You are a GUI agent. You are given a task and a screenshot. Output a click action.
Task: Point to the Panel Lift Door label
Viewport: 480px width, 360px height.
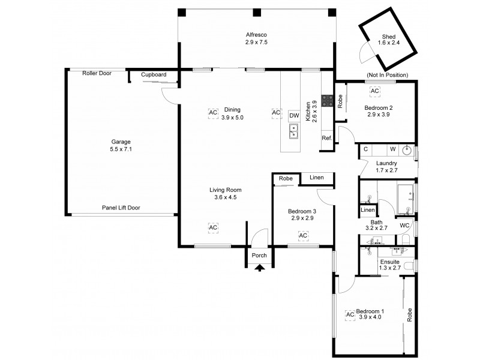click(x=121, y=208)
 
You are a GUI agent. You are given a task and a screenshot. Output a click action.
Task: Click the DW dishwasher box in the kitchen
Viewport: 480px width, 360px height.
click(x=293, y=115)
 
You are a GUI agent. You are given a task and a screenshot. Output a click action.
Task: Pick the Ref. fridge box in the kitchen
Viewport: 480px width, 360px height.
click(x=327, y=138)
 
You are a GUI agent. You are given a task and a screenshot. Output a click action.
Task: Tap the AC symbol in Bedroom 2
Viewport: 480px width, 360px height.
click(x=375, y=91)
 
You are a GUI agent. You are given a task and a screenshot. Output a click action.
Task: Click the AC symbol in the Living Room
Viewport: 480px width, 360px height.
click(x=213, y=227)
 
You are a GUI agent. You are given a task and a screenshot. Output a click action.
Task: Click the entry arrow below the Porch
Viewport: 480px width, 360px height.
click(x=259, y=268)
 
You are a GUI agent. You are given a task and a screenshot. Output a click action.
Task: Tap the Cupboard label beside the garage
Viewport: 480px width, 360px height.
click(x=154, y=75)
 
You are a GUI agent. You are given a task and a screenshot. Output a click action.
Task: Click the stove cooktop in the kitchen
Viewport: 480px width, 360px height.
click(x=328, y=101)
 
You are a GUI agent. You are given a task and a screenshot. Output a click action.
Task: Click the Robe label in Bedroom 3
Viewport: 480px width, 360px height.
click(x=286, y=178)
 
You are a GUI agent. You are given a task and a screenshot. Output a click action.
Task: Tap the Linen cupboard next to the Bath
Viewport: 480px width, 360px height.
click(x=367, y=210)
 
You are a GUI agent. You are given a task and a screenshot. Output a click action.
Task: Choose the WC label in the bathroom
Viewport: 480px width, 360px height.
click(x=404, y=226)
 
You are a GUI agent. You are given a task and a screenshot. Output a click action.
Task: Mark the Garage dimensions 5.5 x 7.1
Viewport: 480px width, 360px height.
click(x=121, y=149)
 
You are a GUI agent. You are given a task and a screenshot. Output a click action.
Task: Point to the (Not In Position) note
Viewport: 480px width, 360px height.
click(x=387, y=75)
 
